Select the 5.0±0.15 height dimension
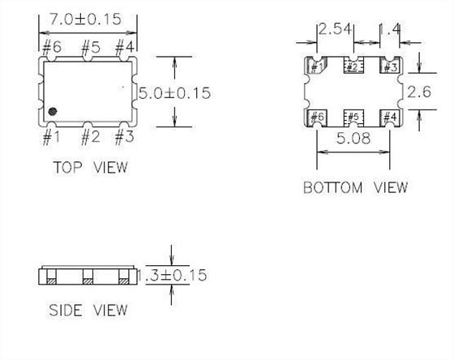coord(174,92)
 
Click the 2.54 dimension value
coord(335,30)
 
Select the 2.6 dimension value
coord(418,91)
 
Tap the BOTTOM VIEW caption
coord(355,187)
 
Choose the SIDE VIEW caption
coord(88,310)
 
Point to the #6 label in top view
coord(50,46)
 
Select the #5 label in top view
coord(89,46)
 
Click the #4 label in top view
coord(124,46)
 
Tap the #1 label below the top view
coord(50,137)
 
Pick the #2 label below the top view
coord(89,137)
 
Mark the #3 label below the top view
coord(124,137)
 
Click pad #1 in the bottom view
coord(316,66)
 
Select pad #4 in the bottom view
coord(389,118)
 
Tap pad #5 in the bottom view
coord(353,118)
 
